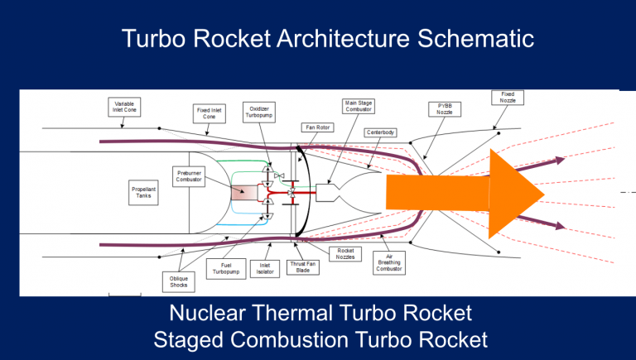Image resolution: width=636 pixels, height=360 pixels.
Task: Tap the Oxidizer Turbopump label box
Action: pos(258,113)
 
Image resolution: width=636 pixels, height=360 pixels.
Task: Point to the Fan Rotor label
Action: pos(317,127)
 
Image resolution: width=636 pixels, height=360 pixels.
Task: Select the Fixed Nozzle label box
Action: pos(508,98)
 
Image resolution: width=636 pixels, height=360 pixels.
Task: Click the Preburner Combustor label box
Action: pos(189,176)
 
